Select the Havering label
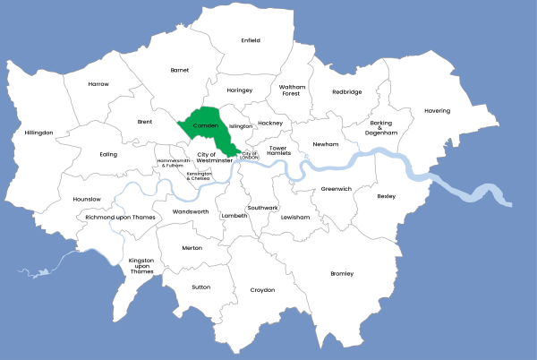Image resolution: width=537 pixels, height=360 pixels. [438, 111]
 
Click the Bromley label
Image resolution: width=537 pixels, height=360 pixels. [342, 273]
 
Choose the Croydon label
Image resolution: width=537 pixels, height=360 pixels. [262, 290]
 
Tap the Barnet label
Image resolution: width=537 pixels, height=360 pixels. [180, 70]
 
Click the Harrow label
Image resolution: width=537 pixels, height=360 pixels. [98, 84]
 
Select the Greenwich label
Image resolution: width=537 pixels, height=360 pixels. [337, 189]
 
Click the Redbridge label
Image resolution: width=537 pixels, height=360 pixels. [347, 91]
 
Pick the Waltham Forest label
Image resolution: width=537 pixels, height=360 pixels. [292, 90]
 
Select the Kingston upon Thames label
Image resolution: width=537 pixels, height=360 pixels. [141, 266]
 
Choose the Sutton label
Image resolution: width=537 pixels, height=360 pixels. [200, 287]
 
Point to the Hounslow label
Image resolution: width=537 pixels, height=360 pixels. [87, 199]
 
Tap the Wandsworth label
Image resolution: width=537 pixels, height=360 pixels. [191, 212]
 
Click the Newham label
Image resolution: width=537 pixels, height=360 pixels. [325, 144]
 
